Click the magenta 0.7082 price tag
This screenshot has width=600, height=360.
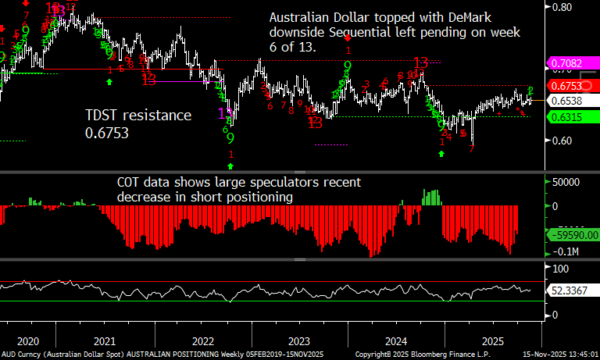pyautogui.click(x=567, y=62)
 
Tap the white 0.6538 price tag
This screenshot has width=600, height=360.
pyautogui.click(x=567, y=101)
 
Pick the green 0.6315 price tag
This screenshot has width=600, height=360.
pyautogui.click(x=567, y=117)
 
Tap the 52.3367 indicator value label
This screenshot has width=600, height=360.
pyautogui.click(x=570, y=290)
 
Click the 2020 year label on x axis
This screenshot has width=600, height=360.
pyautogui.click(x=27, y=342)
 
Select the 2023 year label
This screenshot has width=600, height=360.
pyautogui.click(x=299, y=342)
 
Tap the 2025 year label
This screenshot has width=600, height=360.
pyautogui.click(x=492, y=342)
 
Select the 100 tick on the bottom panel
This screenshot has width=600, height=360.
pyautogui.click(x=562, y=268)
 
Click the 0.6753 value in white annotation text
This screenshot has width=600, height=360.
pyautogui.click(x=108, y=134)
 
